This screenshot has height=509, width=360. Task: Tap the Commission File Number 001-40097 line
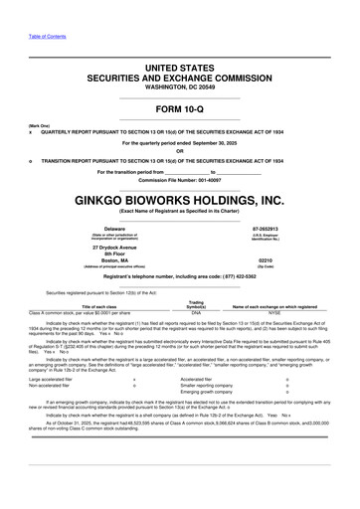click(x=180, y=179)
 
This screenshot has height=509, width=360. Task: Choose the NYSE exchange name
click(x=274, y=311)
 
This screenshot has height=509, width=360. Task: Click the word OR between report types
click(x=180, y=151)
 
